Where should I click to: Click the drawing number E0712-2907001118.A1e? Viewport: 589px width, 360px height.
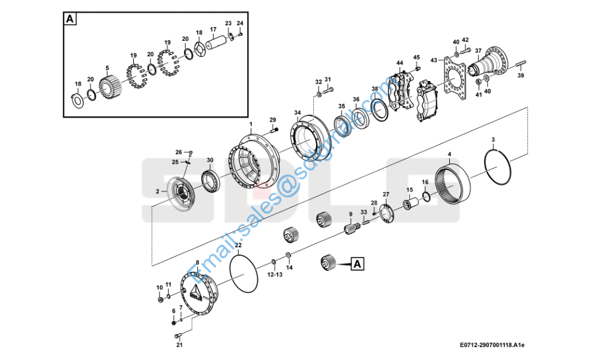pyautogui.click(x=492, y=345)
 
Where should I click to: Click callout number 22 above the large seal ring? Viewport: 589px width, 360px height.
pyautogui.click(x=238, y=245)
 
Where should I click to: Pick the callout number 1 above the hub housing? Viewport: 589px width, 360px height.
pyautogui.click(x=251, y=123)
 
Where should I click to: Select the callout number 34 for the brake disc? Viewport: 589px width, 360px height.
pyautogui.click(x=297, y=112)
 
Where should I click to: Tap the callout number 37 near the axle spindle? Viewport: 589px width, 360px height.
pyautogui.click(x=478, y=50)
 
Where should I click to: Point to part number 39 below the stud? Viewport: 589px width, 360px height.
pyautogui.click(x=521, y=76)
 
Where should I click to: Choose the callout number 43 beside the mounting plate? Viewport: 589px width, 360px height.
pyautogui.click(x=434, y=60)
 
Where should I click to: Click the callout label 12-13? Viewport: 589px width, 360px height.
pyautogui.click(x=275, y=274)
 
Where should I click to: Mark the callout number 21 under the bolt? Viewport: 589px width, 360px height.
pyautogui.click(x=179, y=345)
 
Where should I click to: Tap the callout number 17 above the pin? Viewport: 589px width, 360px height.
pyautogui.click(x=213, y=29)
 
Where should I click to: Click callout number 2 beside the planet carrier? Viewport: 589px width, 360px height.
pyautogui.click(x=157, y=191)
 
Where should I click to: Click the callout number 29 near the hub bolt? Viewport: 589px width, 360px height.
pyautogui.click(x=272, y=119)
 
